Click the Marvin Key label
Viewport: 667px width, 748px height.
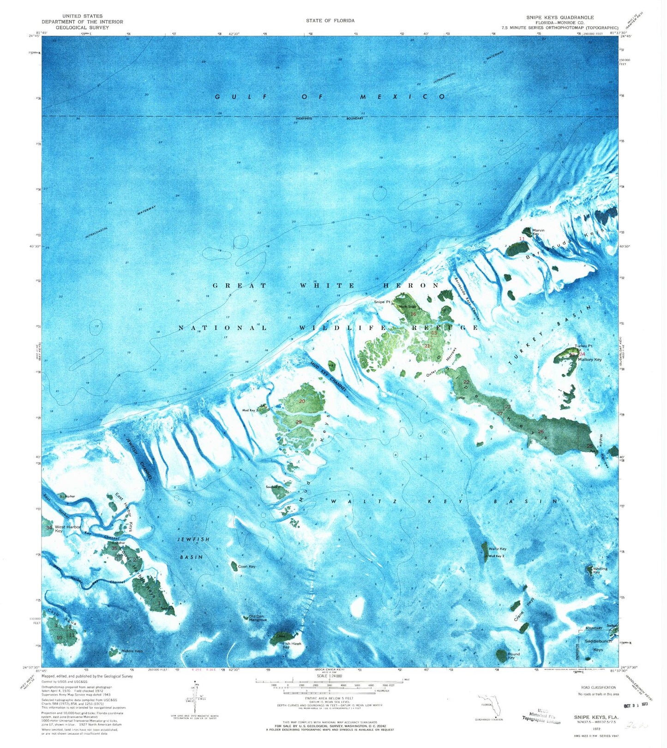click(x=538, y=232)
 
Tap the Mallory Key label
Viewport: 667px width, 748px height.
click(x=589, y=359)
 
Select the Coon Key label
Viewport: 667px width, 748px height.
click(x=246, y=566)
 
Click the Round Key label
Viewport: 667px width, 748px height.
click(x=513, y=656)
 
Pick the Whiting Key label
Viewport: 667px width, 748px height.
click(x=600, y=570)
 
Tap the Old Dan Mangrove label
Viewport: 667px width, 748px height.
click(x=258, y=618)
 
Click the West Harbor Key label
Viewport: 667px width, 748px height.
click(x=67, y=529)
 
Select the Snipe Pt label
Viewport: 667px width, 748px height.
click(x=382, y=302)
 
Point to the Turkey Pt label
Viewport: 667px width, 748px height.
click(x=583, y=346)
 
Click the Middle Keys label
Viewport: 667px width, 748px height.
click(x=132, y=651)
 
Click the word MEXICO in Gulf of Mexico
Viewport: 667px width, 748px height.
click(x=402, y=97)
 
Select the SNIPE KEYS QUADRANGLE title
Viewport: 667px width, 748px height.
click(x=560, y=17)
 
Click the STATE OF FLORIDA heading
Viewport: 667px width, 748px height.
click(x=330, y=20)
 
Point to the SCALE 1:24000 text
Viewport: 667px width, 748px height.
click(x=329, y=676)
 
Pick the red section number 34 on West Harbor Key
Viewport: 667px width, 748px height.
click(x=49, y=527)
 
